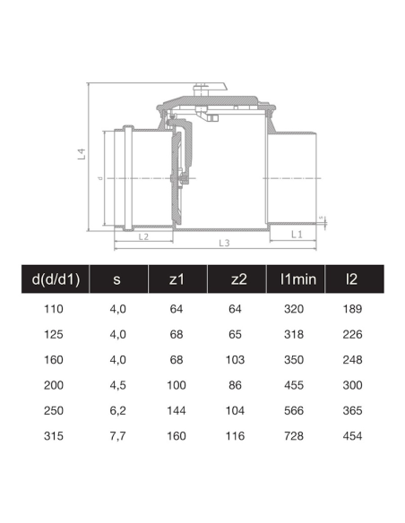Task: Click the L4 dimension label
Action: (x=82, y=154)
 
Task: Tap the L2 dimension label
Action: (x=143, y=236)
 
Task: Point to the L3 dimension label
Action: (x=224, y=244)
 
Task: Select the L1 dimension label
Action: (x=297, y=235)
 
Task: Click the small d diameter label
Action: (x=100, y=178)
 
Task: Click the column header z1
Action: (x=177, y=279)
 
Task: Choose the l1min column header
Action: (x=297, y=279)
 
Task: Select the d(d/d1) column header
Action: (x=56, y=279)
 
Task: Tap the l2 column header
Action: (x=351, y=279)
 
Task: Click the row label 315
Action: (x=54, y=436)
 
